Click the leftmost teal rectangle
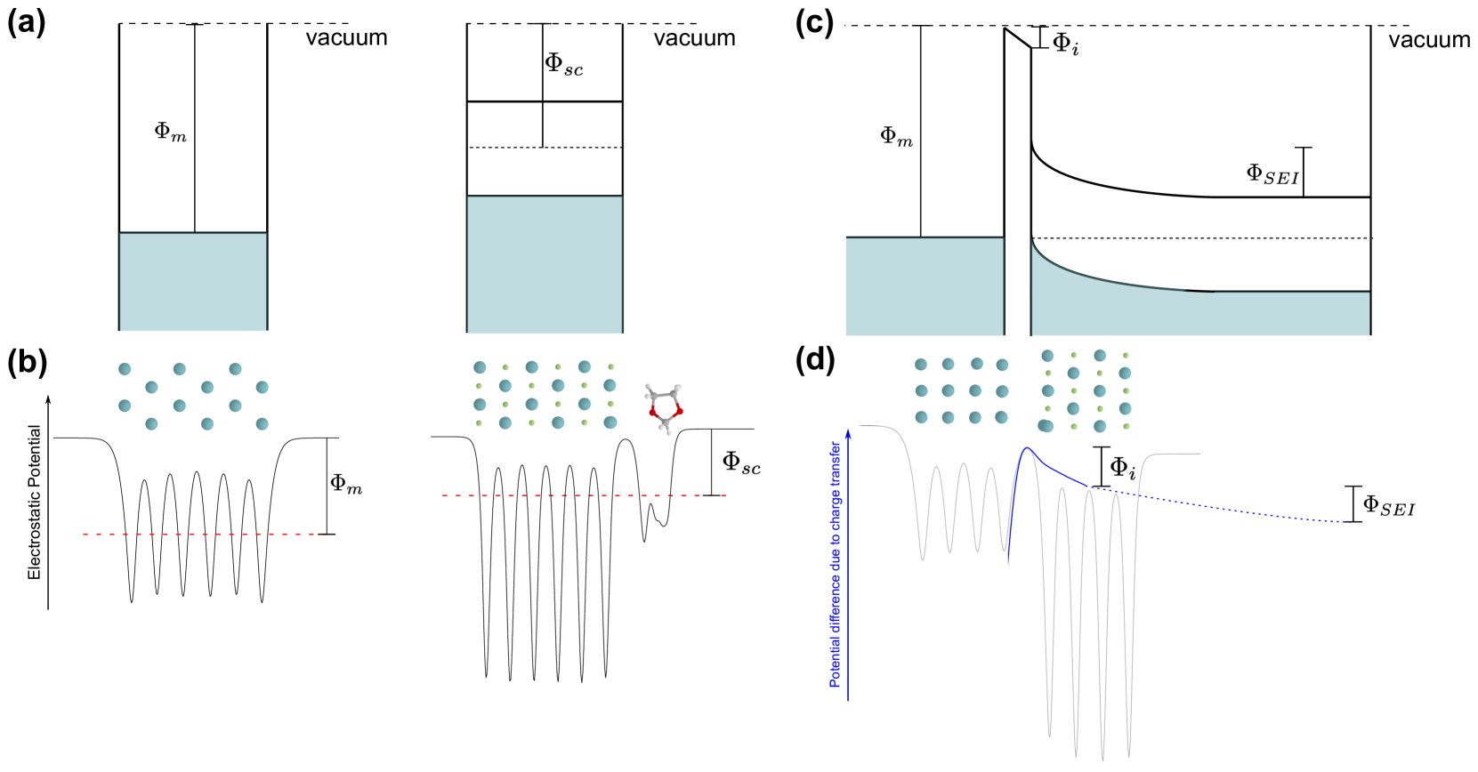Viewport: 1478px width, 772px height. (x=193, y=282)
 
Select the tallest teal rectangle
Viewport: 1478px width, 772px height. (x=544, y=265)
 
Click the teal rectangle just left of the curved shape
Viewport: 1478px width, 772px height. (x=924, y=286)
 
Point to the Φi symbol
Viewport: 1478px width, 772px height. (x=1122, y=467)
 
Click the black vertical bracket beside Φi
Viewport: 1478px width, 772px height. (x=1102, y=466)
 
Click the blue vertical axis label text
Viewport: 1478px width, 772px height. (x=835, y=564)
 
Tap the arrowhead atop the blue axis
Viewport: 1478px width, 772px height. (x=848, y=433)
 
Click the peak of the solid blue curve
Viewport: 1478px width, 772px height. (x=1028, y=448)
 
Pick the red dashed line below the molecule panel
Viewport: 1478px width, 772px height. (x=585, y=495)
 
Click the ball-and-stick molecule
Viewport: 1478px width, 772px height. (x=665, y=408)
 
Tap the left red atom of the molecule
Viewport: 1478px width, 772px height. (x=652, y=412)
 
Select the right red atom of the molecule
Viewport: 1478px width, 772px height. (x=679, y=410)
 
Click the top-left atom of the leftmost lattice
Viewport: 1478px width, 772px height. (x=125, y=368)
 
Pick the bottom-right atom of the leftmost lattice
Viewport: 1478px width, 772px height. (x=262, y=423)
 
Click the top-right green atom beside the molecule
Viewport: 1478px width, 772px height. (x=611, y=366)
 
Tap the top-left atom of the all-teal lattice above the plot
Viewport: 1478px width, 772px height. (x=921, y=365)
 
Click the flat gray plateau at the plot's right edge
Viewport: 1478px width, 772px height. (x=1175, y=454)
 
